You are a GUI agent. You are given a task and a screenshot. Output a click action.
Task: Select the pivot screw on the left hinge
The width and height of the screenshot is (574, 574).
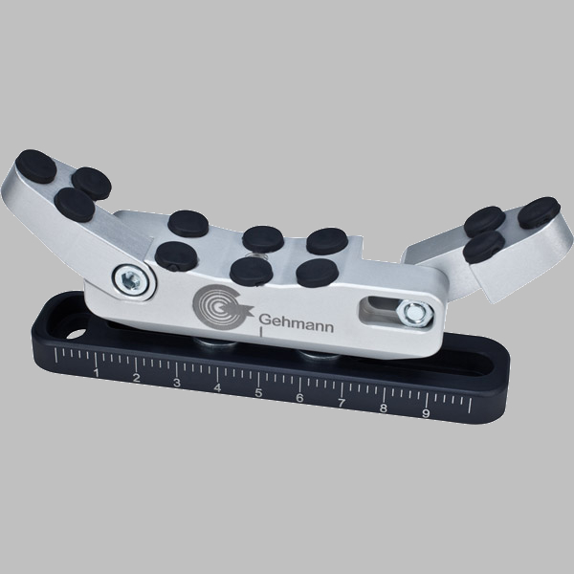point(131,280)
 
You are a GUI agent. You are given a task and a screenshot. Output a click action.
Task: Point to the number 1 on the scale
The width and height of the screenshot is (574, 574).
point(97,373)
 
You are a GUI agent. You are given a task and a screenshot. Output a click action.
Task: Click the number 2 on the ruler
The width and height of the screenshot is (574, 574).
point(136,378)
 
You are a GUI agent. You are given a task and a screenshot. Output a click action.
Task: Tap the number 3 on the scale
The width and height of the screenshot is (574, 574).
point(177,383)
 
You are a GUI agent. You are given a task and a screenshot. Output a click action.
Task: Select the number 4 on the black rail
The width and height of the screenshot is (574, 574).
point(217,387)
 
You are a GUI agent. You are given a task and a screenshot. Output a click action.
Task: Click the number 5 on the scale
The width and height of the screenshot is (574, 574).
point(258,393)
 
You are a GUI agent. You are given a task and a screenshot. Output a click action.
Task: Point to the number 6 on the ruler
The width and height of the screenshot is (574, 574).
point(299,398)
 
